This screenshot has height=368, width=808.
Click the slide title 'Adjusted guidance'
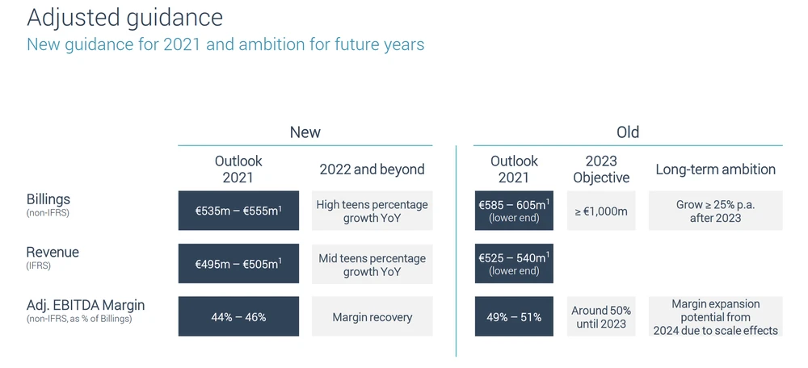point(124,18)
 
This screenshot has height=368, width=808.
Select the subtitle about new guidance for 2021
point(225,44)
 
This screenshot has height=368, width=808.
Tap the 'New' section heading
point(305,132)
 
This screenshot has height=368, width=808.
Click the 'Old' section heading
point(628,132)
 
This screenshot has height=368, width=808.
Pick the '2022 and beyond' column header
point(372,169)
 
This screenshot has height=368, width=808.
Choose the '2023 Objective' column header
point(601,169)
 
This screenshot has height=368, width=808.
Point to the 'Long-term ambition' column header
point(715,169)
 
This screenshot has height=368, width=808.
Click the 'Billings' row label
point(48,199)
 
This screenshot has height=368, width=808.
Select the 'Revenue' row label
point(53,253)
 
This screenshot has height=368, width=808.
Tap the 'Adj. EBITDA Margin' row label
point(86,305)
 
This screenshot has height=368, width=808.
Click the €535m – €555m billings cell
point(238,211)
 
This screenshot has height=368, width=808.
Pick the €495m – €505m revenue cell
point(238,264)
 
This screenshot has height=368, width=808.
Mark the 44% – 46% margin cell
point(238,316)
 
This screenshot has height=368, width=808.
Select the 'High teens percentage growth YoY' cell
point(372,211)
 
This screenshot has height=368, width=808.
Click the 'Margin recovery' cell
point(372,316)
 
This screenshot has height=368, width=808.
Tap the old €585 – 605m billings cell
point(514,211)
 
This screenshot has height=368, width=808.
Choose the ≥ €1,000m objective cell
point(601,211)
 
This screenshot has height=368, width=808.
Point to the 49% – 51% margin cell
point(514,316)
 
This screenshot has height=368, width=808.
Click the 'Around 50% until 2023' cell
point(601,316)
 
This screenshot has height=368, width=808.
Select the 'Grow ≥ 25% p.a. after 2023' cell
point(716,211)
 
